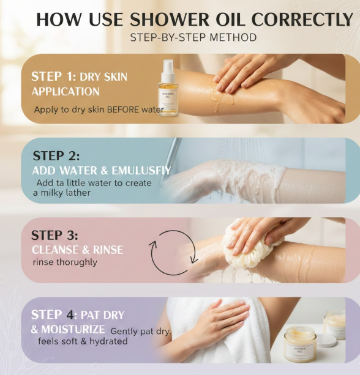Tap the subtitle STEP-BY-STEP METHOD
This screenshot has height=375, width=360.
point(193,37)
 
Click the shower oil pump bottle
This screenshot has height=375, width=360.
point(168,89)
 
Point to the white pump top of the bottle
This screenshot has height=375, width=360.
point(168,70)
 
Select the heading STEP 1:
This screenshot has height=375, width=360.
point(54,76)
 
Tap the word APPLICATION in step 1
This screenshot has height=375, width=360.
point(66,92)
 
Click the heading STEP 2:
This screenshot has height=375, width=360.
point(56,156)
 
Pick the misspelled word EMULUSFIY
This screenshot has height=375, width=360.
point(141,171)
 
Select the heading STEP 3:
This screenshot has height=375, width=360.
point(54,235)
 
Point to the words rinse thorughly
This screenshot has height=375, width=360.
point(65,262)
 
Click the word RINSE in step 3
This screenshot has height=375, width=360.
point(108,250)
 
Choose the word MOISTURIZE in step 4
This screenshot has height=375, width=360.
point(73,329)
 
